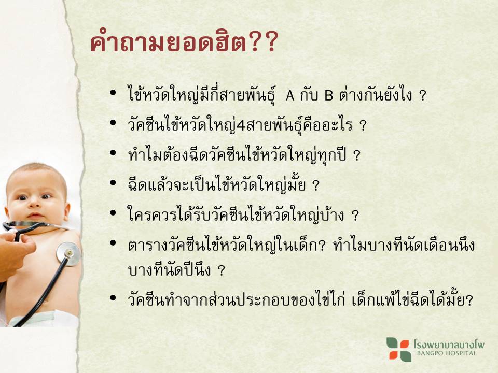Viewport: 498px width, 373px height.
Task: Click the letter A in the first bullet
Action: point(290,95)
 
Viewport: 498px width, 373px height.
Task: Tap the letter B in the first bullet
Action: point(328,95)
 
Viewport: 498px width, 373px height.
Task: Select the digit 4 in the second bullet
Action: point(241,125)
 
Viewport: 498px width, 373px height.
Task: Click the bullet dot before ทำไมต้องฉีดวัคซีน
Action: point(113,153)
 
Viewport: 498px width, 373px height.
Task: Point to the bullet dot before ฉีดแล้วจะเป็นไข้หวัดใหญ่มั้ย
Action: point(113,183)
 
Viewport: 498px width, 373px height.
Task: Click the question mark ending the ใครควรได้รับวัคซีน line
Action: point(355,216)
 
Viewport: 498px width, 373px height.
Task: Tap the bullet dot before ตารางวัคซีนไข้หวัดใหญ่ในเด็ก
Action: point(113,243)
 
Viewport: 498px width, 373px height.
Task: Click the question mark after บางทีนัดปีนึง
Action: point(222,270)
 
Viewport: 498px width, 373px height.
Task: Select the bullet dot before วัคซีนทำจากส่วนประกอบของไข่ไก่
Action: point(113,298)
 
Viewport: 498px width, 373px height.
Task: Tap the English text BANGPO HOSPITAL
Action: point(447,353)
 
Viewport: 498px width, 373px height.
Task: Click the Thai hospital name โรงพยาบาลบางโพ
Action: point(449,343)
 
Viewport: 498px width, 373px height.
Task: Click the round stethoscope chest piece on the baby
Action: point(68,253)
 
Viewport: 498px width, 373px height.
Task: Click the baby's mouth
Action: point(36,217)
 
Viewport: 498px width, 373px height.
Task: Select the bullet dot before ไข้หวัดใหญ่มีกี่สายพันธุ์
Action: point(113,93)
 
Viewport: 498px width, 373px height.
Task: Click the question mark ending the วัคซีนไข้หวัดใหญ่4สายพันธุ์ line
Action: point(363,125)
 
